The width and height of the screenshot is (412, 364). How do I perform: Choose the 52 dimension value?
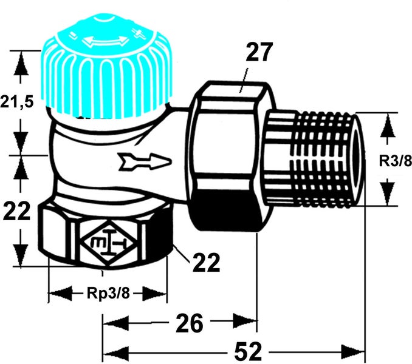pyautogui.click(x=245, y=351)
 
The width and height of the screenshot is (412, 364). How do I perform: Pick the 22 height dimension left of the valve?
pyautogui.click(x=18, y=212)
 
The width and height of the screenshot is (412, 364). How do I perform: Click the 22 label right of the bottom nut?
pyautogui.click(x=205, y=263)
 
